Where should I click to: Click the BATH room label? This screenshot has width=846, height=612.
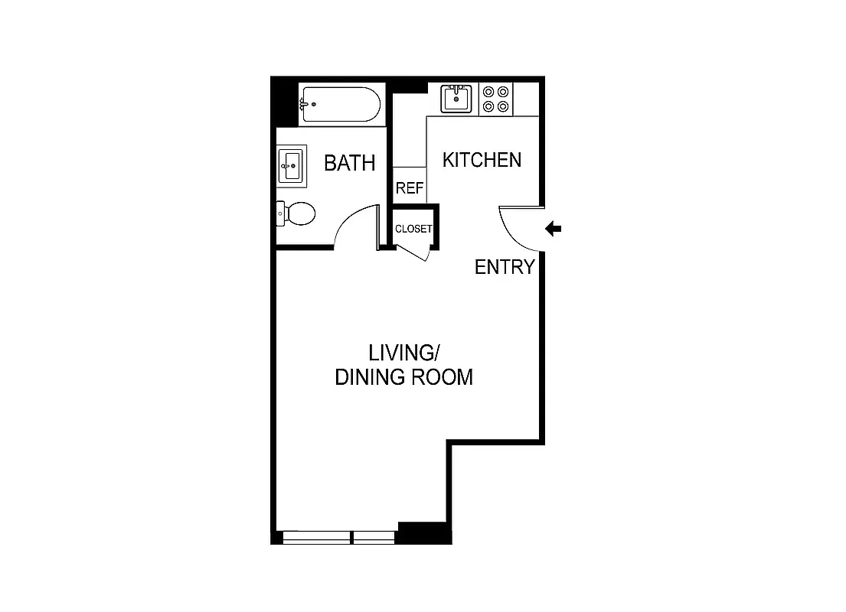pyautogui.click(x=349, y=163)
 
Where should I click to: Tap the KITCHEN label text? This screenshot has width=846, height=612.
pyautogui.click(x=482, y=160)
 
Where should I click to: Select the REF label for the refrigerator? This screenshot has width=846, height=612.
pyautogui.click(x=410, y=188)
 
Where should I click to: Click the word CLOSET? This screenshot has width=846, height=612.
pyautogui.click(x=413, y=229)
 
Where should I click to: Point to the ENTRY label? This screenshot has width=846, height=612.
pyautogui.click(x=504, y=267)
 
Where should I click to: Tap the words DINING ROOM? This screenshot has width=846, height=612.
pyautogui.click(x=403, y=377)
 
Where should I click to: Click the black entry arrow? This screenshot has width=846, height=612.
pyautogui.click(x=554, y=229)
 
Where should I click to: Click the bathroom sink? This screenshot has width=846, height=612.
pyautogui.click(x=292, y=165)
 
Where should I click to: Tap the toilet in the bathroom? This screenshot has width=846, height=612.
pyautogui.click(x=296, y=213)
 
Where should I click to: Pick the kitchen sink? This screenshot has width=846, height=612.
pyautogui.click(x=458, y=99)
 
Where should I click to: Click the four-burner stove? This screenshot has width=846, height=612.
pyautogui.click(x=496, y=99)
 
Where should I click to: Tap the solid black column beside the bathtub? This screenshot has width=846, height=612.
pyautogui.click(x=285, y=103)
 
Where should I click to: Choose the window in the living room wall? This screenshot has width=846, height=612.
pyautogui.click(x=337, y=537)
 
